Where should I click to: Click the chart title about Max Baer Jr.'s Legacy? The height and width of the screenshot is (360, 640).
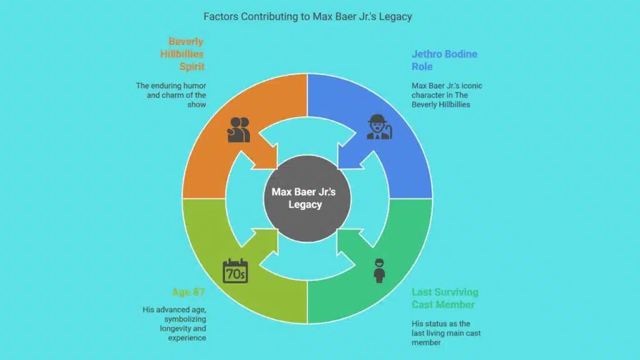point(307,16)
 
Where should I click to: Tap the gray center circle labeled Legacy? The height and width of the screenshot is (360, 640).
point(304,198)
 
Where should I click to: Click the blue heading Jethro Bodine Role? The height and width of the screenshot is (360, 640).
point(444,60)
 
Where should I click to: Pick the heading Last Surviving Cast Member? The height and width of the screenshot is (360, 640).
point(444,298)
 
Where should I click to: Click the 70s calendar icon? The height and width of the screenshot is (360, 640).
point(236,271)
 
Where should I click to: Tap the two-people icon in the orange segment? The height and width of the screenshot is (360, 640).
point(239,129)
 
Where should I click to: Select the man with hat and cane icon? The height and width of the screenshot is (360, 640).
point(379,127)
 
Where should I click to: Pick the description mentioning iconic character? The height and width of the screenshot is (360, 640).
point(440,95)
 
